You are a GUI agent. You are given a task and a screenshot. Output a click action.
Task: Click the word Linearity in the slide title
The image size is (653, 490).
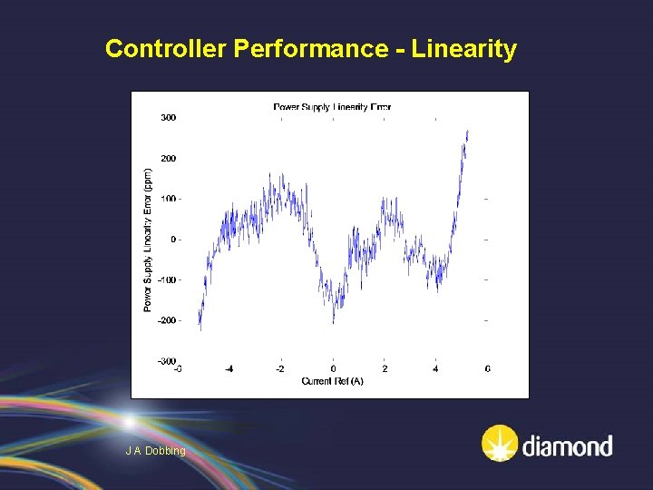[463, 49]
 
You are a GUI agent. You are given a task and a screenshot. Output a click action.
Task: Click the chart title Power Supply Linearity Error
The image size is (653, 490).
[332, 107]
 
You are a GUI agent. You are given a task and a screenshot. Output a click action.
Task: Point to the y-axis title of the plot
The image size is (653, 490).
[148, 239]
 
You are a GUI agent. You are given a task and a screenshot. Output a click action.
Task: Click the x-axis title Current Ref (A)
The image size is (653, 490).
[332, 381]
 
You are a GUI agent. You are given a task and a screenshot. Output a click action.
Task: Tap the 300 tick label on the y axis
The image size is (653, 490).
[169, 117]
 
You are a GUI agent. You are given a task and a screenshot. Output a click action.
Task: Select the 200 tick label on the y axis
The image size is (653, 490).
[169, 158]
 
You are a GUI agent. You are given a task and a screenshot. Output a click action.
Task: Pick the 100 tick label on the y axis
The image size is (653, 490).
[169, 199]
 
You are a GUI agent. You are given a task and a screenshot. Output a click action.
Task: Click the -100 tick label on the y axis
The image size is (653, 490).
[167, 279]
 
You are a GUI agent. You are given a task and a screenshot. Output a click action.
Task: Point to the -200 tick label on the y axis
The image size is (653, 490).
[167, 320]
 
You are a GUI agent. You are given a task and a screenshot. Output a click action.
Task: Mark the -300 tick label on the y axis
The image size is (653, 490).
[167, 361]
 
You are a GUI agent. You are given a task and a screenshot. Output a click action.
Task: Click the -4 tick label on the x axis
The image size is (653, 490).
[229, 369]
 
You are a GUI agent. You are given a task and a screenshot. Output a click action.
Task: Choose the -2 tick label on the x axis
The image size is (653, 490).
[280, 369]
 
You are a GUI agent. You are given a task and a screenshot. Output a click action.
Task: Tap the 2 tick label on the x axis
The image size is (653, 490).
[385, 369]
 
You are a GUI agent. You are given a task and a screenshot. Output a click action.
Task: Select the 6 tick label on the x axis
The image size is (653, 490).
[488, 369]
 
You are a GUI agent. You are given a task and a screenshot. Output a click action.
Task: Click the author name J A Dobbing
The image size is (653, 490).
[156, 451]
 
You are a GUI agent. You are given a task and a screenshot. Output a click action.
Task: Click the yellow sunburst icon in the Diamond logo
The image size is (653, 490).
[500, 444]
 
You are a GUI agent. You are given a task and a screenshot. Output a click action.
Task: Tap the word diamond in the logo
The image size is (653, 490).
[567, 446]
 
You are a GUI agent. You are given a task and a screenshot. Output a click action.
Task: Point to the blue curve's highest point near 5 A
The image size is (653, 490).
[468, 131]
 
